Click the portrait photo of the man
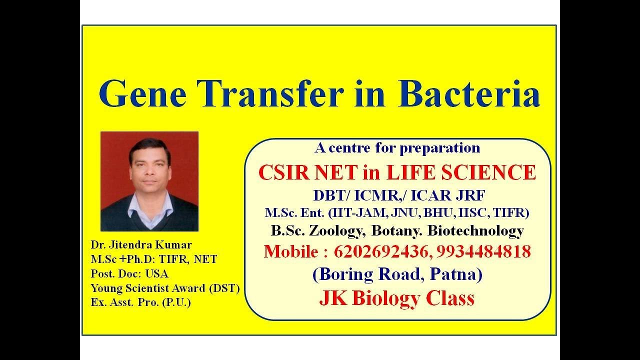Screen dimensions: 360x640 [149, 181]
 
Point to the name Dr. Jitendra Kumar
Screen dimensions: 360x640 [141, 245]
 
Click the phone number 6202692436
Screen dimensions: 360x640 [379, 251]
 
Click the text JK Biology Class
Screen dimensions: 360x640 [396, 298]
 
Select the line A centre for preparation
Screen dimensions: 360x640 [397, 148]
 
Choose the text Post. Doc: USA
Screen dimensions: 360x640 [129, 273]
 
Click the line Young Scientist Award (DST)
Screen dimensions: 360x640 [165, 288]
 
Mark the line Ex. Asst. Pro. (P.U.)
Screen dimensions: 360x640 [140, 302]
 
